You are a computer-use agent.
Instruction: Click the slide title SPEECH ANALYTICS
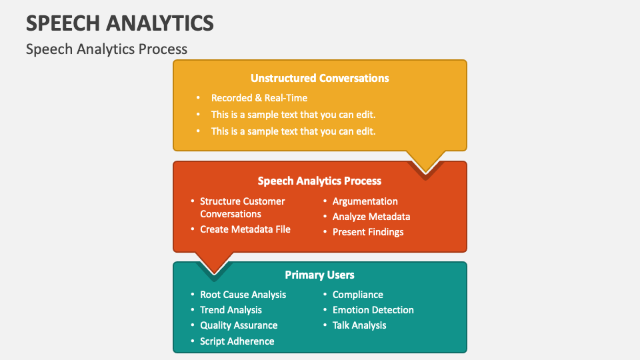(120, 23)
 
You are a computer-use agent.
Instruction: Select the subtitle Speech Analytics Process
(107, 49)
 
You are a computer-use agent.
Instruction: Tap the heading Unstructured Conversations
(320, 78)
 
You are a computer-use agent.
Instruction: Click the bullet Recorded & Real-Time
(259, 98)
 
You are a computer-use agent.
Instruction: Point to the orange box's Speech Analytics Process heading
(320, 181)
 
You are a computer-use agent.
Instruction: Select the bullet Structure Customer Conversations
(242, 207)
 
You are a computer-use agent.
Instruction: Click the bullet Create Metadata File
(245, 229)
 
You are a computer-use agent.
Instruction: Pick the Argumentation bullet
(365, 201)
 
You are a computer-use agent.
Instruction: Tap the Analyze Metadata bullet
(371, 217)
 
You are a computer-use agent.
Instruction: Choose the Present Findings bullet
(368, 232)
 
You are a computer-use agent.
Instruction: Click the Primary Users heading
(320, 275)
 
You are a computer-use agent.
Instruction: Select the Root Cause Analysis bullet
(243, 295)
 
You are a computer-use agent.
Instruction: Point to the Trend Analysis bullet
(231, 310)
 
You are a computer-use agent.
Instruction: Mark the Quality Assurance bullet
(239, 325)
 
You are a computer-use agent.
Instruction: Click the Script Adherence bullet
(237, 341)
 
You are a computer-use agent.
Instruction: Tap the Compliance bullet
(358, 295)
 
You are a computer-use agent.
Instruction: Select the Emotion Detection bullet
(373, 310)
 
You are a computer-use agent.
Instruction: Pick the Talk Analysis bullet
(359, 325)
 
